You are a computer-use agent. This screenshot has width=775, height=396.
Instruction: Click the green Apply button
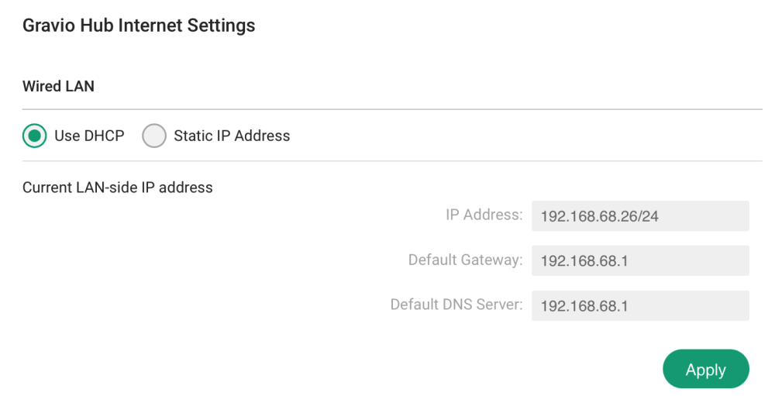705,370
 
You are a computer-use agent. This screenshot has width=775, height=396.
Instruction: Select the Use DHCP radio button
34,136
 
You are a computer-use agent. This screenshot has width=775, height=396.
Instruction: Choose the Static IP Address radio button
154,136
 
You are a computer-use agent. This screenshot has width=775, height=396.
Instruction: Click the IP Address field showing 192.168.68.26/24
640,216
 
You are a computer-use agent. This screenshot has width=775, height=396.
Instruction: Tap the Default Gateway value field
640,261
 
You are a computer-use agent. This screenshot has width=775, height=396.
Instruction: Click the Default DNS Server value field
640,306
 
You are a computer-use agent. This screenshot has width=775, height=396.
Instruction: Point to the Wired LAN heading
58,86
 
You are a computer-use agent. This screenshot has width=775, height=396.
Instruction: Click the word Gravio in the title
49,26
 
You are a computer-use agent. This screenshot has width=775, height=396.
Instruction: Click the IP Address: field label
484,215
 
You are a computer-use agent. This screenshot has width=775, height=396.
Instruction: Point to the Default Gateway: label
465,260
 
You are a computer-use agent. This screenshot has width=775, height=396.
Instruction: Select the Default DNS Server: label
456,305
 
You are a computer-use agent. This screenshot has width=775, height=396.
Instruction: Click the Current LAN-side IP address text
117,188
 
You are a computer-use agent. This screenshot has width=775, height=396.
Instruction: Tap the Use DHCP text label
89,136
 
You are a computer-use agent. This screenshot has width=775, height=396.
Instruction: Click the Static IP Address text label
232,136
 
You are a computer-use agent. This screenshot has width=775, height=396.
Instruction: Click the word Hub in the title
98,26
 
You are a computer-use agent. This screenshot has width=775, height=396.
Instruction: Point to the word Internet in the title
152,26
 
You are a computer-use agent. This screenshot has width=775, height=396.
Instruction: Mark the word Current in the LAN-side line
48,188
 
